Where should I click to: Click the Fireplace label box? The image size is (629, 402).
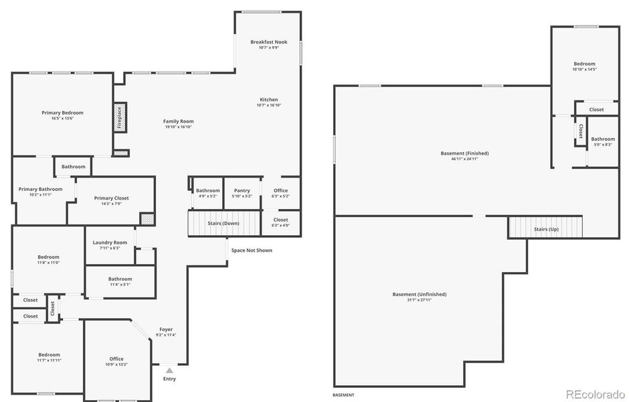(120, 118)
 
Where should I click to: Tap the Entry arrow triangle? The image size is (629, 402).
(169, 370)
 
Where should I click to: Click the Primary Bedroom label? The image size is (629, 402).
(62, 113)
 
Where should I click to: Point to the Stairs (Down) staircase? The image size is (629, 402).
(223, 223)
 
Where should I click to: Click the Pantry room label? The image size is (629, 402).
(242, 190)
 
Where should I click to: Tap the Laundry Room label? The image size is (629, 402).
(110, 243)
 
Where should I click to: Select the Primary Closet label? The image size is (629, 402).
(111, 198)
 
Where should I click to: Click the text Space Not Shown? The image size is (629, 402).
(252, 251)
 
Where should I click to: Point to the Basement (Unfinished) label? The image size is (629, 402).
(419, 294)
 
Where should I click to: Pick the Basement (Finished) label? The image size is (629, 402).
(464, 153)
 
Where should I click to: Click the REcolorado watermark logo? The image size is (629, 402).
(594, 393)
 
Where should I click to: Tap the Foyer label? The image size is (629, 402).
(165, 330)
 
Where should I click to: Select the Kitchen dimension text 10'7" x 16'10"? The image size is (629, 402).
(268, 105)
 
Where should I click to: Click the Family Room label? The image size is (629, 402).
(178, 121)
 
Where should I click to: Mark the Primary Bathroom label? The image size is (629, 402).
(40, 189)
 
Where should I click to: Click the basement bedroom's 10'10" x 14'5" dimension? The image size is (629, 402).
(583, 70)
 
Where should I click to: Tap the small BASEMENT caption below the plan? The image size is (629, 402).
(343, 395)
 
